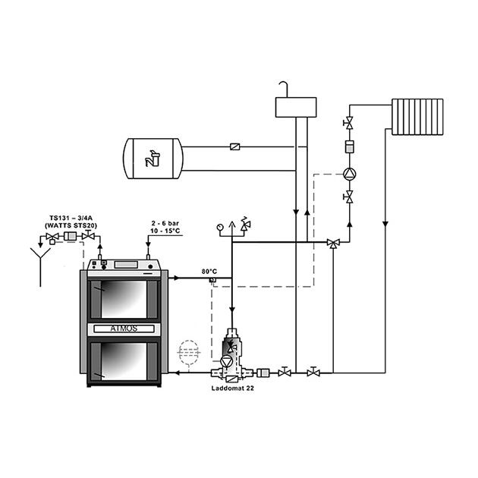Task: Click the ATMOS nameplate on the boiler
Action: coord(124,329)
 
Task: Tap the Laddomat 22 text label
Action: coord(233,388)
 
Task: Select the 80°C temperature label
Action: coord(209,272)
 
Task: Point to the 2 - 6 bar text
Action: coord(165,223)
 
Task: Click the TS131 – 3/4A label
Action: coord(71,218)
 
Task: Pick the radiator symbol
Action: coord(417,117)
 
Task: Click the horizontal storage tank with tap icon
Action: coord(153,159)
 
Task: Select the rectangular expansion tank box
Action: coord(296,107)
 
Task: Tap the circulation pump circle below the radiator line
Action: coord(349,174)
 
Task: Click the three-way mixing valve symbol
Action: coord(333,243)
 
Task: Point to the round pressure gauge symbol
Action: coord(220,227)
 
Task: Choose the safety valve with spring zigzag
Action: coord(245,224)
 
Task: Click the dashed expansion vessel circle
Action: coord(189,352)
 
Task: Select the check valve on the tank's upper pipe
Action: coord(234,146)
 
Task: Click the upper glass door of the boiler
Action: coord(124,300)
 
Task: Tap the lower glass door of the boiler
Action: coord(124,361)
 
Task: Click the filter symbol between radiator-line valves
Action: coord(349,146)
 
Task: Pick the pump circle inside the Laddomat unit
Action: coord(227,362)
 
